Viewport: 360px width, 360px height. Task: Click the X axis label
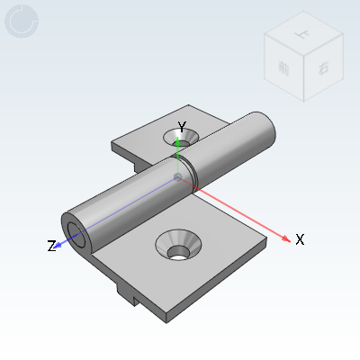300,239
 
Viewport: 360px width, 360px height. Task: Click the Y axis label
182,126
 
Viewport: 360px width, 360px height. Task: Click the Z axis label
52,246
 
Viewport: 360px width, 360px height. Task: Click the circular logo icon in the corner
22,22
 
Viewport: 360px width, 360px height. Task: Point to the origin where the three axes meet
178,176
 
